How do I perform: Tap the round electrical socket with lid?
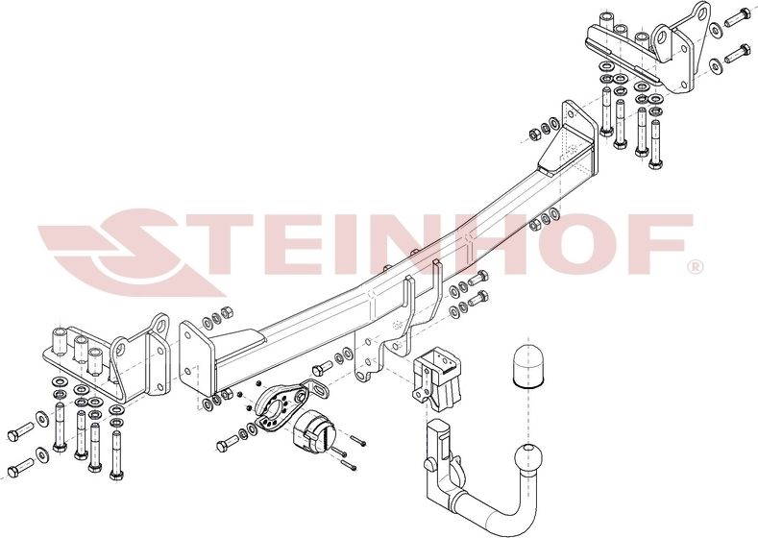coord(312,433)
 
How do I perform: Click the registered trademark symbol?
coord(695,264)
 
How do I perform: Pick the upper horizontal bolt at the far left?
coord(22,430)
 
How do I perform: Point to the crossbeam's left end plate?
coord(192,358)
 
